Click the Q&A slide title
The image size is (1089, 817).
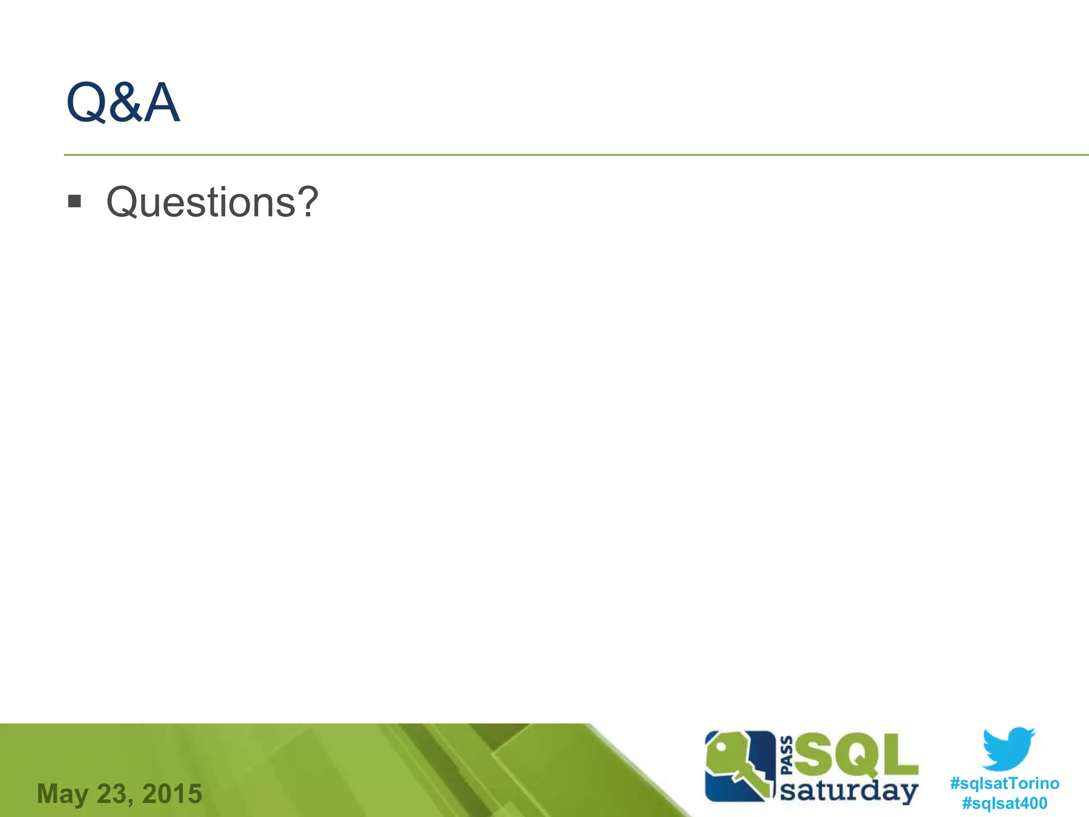[123, 102]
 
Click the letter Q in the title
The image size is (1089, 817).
[87, 102]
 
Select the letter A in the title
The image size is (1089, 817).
[162, 102]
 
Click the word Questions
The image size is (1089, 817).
[201, 202]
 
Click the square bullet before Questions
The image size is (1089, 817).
[74, 201]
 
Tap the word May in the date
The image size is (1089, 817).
[62, 794]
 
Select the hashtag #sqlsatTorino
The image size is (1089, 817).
[1004, 783]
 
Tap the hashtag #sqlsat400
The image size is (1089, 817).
[1004, 803]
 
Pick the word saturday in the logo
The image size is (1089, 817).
[849, 790]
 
